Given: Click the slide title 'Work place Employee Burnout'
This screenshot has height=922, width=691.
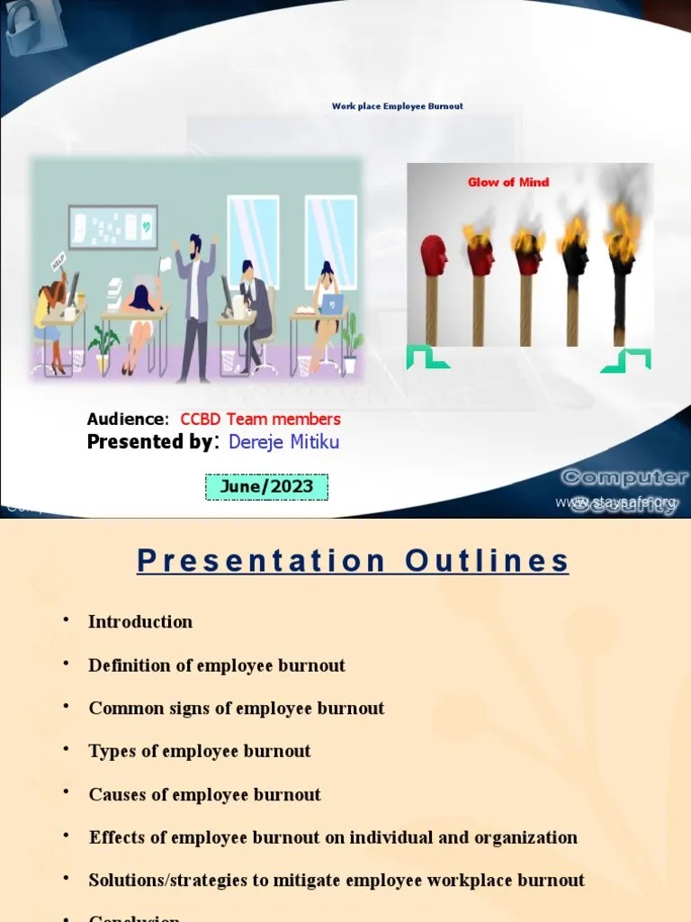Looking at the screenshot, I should (397, 106).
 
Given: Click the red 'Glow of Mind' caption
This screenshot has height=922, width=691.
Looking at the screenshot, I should (507, 182).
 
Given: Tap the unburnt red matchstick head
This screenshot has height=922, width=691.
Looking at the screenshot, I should (433, 255).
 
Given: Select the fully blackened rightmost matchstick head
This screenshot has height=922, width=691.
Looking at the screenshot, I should (620, 255).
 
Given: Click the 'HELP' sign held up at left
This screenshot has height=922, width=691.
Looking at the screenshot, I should (59, 261).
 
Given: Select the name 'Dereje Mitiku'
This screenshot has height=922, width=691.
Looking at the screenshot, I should (283, 441).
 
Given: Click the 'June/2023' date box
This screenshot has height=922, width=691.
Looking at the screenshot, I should (266, 487).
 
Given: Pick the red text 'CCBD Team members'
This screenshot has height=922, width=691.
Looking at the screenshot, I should (260, 419).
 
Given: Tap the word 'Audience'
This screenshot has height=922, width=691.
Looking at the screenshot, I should (126, 419).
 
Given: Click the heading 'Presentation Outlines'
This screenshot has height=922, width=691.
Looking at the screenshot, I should (353, 561).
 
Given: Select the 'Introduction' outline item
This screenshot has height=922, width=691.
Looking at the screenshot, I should (140, 621).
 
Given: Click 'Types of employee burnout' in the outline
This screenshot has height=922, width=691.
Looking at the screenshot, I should (200, 751).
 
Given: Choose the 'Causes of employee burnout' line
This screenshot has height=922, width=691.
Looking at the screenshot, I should (204, 794).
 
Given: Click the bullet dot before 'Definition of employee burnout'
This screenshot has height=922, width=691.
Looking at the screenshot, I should (67, 664).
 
